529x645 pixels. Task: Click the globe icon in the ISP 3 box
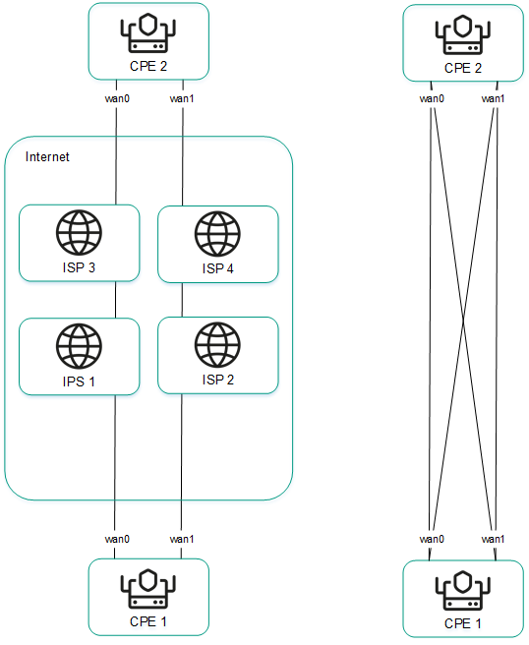pos(78,233)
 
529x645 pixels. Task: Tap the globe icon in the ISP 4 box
pos(217,233)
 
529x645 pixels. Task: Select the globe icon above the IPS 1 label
pos(78,345)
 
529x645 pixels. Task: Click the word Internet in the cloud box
pos(47,157)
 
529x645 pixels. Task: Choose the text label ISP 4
pos(217,266)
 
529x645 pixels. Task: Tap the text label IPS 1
pos(78,381)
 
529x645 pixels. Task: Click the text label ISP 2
pos(217,379)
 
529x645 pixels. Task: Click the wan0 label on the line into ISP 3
pos(117,98)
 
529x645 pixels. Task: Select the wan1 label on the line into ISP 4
pos(182,98)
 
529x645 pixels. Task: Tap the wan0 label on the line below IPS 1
pos(117,539)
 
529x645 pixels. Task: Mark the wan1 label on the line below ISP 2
pos(182,539)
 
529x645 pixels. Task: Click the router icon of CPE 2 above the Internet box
pos(148,34)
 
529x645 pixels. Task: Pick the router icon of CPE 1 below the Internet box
pos(148,590)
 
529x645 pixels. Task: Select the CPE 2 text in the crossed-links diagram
pos(463,68)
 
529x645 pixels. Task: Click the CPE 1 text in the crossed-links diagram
pos(463,623)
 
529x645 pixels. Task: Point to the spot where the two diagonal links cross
pos(463,319)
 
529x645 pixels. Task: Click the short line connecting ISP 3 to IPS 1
pos(117,300)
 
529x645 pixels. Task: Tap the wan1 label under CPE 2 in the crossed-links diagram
pos(494,98)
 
